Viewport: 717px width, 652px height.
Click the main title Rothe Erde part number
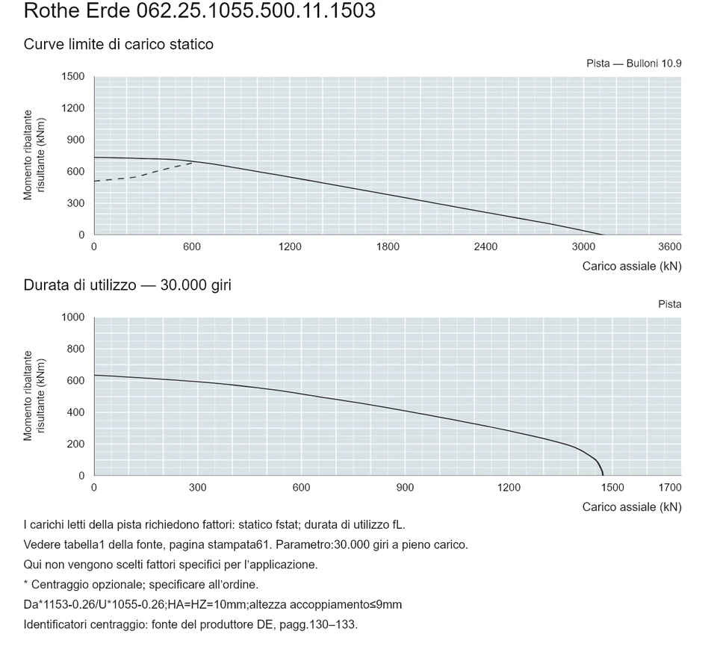point(199,10)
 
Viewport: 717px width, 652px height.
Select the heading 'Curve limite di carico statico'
point(119,44)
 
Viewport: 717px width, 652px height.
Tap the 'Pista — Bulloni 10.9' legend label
point(634,63)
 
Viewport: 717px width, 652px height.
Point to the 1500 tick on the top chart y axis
point(73,76)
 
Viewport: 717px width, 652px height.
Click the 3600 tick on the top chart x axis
point(670,247)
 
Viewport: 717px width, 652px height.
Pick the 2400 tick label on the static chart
point(485,247)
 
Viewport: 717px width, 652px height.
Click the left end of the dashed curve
point(95,181)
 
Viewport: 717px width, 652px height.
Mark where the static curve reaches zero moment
point(604,235)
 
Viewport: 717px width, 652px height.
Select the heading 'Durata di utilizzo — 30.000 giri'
point(128,285)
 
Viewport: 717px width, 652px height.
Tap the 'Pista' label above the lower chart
point(670,304)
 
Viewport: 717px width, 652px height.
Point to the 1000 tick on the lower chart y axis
point(73,317)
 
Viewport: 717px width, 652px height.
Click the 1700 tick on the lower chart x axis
point(670,488)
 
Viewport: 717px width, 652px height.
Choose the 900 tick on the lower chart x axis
point(405,488)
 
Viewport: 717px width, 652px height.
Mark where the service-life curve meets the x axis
point(603,475)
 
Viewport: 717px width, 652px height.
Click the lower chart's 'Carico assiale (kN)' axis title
point(632,507)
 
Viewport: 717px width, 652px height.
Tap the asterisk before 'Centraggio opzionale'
point(26,583)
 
